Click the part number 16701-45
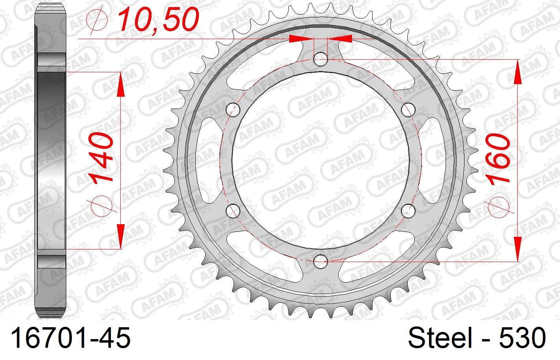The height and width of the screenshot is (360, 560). pyautogui.click(x=71, y=337)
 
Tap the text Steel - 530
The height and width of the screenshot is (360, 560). pyautogui.click(x=477, y=337)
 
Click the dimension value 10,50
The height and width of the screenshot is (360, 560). pyautogui.click(x=159, y=19)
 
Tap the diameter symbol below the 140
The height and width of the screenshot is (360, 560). pyautogui.click(x=101, y=205)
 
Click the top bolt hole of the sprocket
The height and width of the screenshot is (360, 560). pyautogui.click(x=320, y=59)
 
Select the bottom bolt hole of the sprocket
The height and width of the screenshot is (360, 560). pyautogui.click(x=320, y=261)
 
